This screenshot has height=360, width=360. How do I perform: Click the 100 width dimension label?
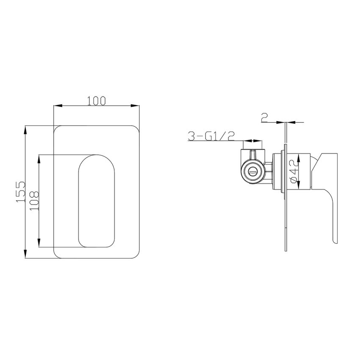[x=96, y=100]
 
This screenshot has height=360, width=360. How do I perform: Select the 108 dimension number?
[x=34, y=201]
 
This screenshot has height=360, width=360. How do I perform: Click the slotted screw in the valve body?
[x=253, y=172]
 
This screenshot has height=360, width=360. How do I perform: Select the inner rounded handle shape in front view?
[x=97, y=200]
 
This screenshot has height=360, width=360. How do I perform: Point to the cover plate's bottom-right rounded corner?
[x=136, y=253]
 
